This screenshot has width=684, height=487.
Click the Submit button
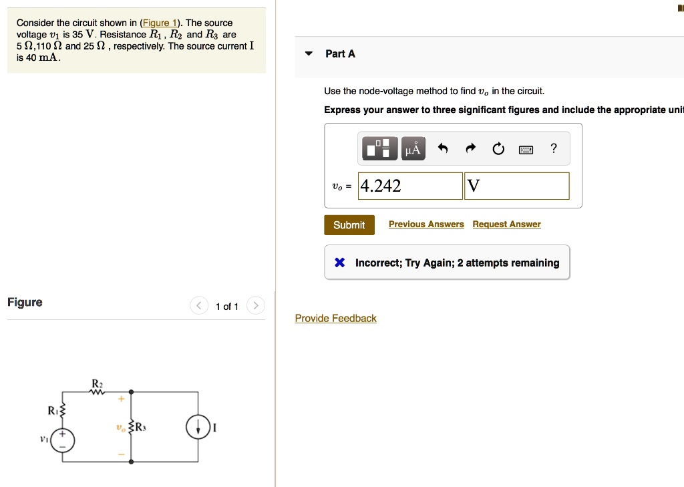coord(349,225)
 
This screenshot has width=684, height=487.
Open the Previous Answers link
coord(426,224)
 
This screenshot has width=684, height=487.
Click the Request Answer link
coord(506,224)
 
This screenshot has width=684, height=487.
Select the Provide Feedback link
coord(335,319)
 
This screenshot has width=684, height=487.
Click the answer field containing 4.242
coord(410,186)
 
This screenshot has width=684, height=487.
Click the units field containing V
coord(516,186)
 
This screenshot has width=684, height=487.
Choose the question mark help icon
coord(553,149)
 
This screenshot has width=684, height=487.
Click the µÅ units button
coord(413,149)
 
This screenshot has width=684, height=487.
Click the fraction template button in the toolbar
coord(379,149)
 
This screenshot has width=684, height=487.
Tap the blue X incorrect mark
coord(339,263)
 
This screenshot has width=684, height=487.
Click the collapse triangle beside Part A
coord(309,54)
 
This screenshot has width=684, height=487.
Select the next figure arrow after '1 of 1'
coord(256,306)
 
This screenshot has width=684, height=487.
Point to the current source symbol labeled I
coord(198,428)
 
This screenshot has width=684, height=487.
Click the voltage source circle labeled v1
coord(63,440)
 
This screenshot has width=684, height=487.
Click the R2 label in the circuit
coord(97,383)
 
